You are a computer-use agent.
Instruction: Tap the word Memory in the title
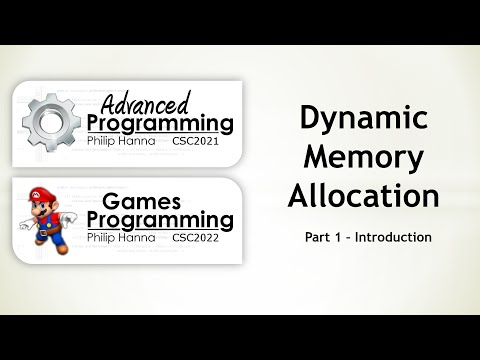pyautogui.click(x=364, y=158)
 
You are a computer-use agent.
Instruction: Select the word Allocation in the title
pyautogui.click(x=364, y=195)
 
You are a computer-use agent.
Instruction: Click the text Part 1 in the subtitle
pyautogui.click(x=320, y=237)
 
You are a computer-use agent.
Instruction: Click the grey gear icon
pyautogui.click(x=51, y=120)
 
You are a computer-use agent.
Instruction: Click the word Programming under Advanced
pyautogui.click(x=160, y=124)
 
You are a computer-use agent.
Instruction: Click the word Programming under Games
pyautogui.click(x=160, y=220)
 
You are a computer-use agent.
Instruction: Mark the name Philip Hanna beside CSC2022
pyautogui.click(x=122, y=238)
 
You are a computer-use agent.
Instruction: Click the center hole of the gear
pyautogui.click(x=51, y=120)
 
